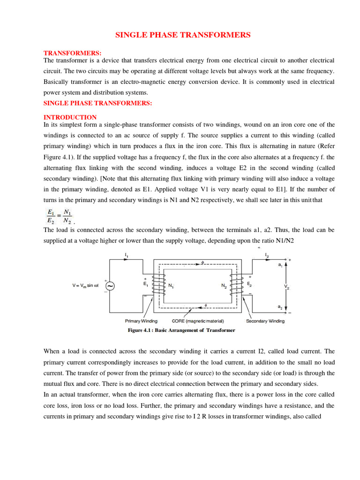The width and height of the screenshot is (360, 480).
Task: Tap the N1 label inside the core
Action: coord(172,285)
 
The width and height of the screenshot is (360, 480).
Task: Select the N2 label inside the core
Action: coord(225,285)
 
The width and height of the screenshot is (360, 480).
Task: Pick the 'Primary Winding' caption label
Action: coord(141,321)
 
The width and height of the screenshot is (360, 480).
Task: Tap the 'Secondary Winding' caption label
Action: coord(265,321)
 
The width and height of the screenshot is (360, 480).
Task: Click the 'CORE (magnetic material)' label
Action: coord(198,321)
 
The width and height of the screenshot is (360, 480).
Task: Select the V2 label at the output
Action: coord(286,285)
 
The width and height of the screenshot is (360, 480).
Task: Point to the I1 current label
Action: coord(127,255)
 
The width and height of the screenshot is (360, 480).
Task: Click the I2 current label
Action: coord(267,255)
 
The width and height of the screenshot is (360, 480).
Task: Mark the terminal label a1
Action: coord(280,265)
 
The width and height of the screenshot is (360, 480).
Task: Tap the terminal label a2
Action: coord(280,307)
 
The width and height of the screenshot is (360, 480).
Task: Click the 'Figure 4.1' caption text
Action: coord(181,330)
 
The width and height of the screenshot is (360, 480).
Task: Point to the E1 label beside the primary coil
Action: coord(145,284)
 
